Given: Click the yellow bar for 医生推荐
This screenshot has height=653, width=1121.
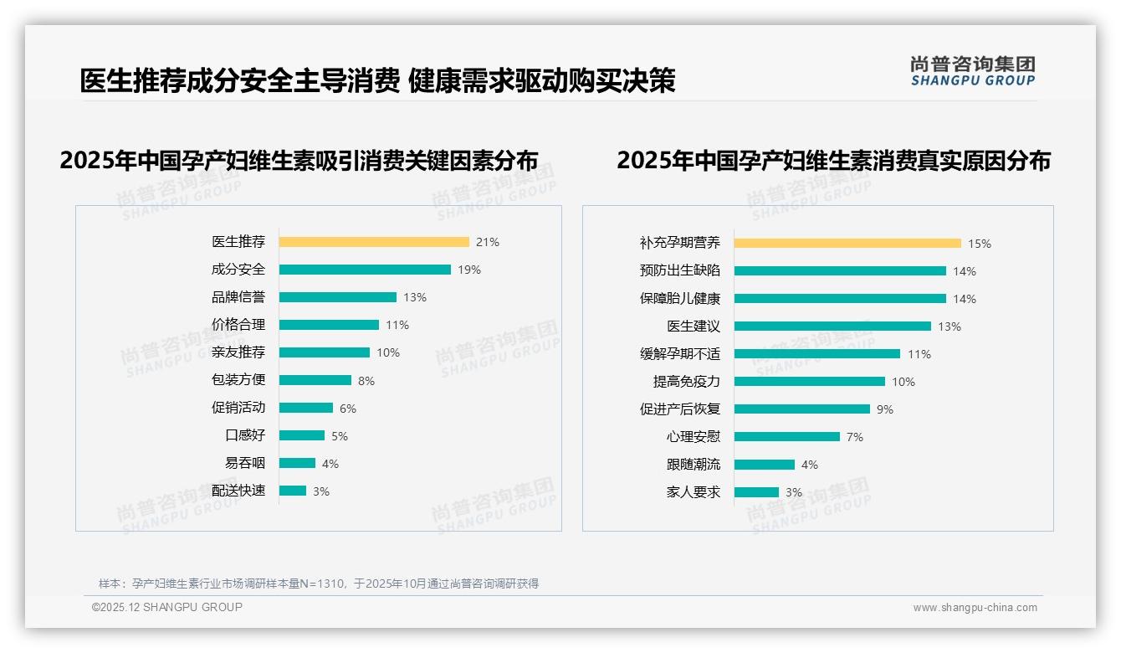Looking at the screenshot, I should coord(374,242).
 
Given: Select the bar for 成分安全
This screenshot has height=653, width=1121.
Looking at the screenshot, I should coord(365,270).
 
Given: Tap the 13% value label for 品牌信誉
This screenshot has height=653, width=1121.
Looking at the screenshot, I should coord(415,297).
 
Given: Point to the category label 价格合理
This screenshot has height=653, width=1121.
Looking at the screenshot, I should coord(238,325).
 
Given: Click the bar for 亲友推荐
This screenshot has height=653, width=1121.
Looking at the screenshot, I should coord(325,352).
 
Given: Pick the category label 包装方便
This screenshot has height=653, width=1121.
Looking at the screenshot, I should coord(238,380).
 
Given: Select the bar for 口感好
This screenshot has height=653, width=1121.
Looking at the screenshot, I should coord(302,435).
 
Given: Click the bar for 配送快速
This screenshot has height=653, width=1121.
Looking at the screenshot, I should coord(293,491).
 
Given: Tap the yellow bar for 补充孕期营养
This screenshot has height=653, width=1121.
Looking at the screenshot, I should coord(848,244).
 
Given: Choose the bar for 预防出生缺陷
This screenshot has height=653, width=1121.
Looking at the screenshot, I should coord(841,271).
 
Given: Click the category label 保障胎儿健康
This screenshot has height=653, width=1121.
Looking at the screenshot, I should coord(680,299).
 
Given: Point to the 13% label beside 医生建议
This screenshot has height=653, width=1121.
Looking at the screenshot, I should coord(950,326).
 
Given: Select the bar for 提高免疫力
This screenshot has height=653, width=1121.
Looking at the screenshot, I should coord(810,382).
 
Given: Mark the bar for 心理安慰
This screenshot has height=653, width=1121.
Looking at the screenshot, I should coord(787,437).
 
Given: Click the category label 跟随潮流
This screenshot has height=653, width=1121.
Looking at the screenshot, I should coord(694,465).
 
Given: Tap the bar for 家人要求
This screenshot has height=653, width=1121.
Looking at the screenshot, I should coord(757,492).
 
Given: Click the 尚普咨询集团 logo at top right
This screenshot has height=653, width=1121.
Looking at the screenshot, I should coord(973,71).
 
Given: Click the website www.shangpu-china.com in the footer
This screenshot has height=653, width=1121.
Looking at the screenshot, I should coord(975,608).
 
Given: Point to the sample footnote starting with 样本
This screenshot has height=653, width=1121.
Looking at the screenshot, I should coord(319,584).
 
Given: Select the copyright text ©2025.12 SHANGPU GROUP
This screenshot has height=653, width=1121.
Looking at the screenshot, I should coord(167,608).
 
